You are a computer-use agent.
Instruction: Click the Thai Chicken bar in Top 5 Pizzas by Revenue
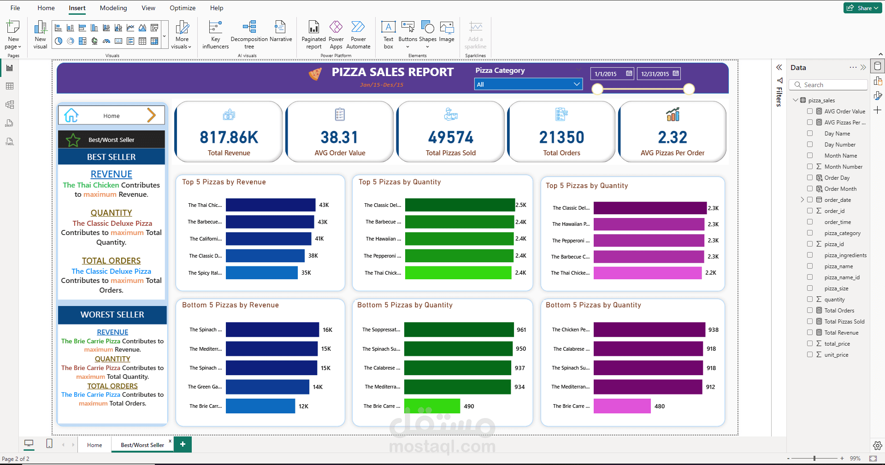point(271,205)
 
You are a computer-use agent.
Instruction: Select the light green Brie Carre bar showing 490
point(432,406)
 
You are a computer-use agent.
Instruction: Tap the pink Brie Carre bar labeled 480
point(622,406)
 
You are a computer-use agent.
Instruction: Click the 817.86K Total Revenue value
point(229,137)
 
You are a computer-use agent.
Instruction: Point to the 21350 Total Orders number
point(561,137)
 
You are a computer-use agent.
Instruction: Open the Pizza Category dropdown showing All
point(528,84)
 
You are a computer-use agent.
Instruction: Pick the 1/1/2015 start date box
point(612,74)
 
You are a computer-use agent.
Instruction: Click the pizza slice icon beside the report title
point(315,74)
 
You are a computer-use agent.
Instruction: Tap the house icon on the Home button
point(71,115)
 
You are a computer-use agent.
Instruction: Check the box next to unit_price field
point(810,354)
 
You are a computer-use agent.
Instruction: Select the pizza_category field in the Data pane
point(842,233)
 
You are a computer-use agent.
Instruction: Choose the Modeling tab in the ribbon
point(113,8)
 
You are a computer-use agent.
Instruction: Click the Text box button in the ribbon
point(389,35)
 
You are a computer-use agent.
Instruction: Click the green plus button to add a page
point(183,444)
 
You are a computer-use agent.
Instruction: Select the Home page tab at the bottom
point(94,445)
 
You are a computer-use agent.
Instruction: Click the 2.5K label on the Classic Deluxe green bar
point(521,205)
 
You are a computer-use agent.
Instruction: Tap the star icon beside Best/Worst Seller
point(73,140)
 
